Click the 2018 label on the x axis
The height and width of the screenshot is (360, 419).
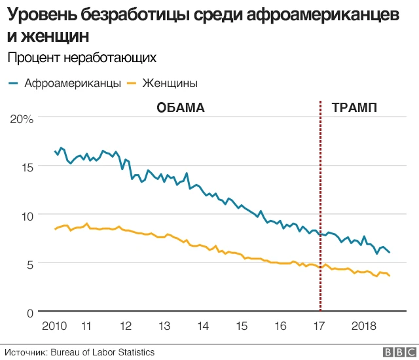click(x=363, y=326)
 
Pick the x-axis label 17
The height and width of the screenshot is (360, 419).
click(x=319, y=326)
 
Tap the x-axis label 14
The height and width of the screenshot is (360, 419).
click(x=203, y=326)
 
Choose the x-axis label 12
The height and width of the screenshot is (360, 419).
click(x=126, y=326)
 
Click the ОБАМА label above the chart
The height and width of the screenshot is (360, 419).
click(x=181, y=107)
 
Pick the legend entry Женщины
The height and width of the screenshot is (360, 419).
click(x=170, y=83)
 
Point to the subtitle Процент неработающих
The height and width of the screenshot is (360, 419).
click(x=82, y=58)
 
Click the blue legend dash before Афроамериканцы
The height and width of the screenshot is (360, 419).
click(x=13, y=83)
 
